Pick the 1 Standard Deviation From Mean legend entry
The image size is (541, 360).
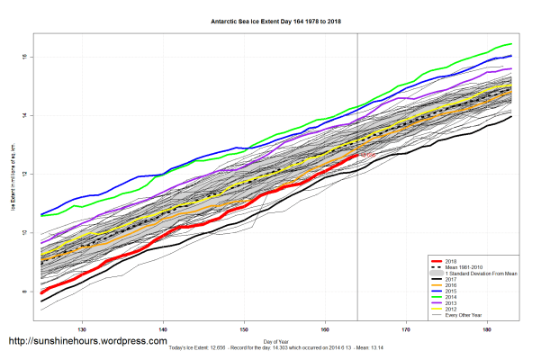[477, 274]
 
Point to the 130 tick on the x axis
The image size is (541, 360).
[83, 328]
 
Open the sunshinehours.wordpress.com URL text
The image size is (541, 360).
[87, 342]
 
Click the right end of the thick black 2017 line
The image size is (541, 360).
[511, 117]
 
